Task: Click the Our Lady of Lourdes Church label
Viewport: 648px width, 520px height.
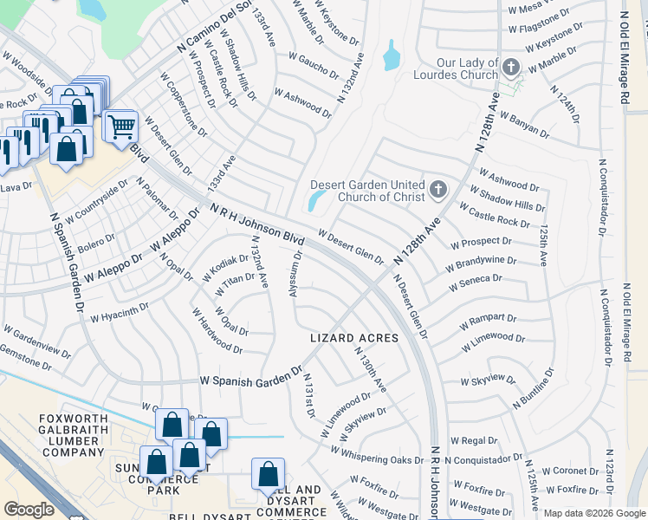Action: (x=455, y=68)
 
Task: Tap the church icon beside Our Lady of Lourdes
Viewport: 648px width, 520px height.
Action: (x=511, y=67)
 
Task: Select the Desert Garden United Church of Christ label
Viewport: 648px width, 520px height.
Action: (x=368, y=190)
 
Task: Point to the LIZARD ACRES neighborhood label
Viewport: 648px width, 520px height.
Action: (x=355, y=338)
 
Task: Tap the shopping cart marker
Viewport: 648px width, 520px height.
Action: (x=121, y=127)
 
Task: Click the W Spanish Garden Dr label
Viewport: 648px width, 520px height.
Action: (x=249, y=380)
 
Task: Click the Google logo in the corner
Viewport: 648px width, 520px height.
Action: (x=29, y=509)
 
